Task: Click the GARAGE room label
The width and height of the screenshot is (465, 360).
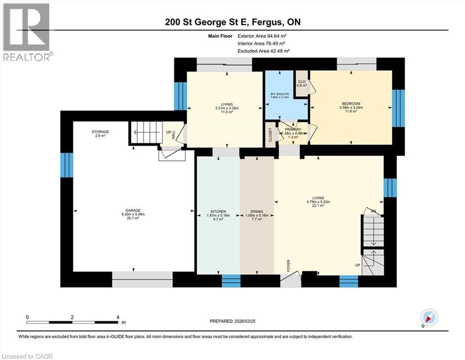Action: point(133,210)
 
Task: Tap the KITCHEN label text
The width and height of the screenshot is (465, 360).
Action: point(217,210)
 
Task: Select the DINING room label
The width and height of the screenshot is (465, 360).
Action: point(257,210)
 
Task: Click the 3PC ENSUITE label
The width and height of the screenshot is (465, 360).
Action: point(280,94)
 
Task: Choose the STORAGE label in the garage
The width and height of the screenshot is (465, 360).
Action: point(100,132)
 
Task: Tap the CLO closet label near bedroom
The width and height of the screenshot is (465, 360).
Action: point(302,82)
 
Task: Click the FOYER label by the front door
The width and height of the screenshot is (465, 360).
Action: point(288,265)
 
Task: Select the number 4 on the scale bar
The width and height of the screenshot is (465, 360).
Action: point(117,317)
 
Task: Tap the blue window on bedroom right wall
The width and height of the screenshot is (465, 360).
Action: point(398,108)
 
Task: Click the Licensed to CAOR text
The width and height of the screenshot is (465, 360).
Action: point(27,356)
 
